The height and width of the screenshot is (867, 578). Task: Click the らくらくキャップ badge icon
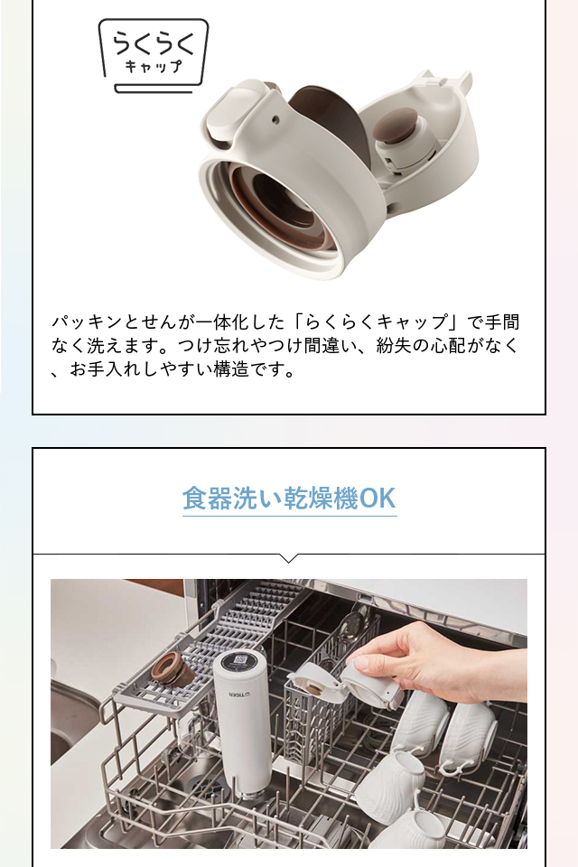click(154, 55)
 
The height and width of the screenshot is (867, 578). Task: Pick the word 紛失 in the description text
click(394, 346)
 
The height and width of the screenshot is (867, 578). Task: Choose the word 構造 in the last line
click(231, 369)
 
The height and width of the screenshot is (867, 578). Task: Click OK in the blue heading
click(378, 499)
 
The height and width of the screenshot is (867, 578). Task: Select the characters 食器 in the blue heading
click(208, 499)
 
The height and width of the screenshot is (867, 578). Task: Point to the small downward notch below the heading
click(288, 558)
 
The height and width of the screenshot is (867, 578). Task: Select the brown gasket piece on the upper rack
click(173, 668)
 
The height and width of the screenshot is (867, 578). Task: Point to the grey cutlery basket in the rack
click(312, 713)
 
